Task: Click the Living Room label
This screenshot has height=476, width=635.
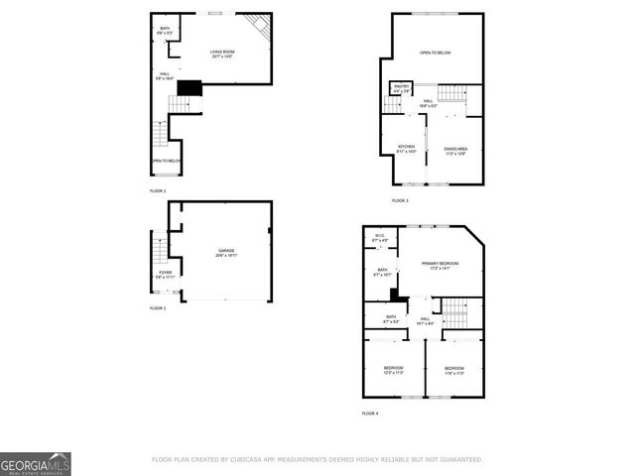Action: coord(220,54)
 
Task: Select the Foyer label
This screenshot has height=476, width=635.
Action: coord(165,275)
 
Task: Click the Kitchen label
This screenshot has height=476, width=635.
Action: coord(407,149)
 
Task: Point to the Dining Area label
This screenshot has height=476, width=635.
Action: coord(455,151)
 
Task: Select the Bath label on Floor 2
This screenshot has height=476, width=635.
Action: coord(165,31)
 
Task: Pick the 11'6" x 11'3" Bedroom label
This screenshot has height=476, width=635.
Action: coord(453,370)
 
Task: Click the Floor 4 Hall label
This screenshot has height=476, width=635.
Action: coord(424,320)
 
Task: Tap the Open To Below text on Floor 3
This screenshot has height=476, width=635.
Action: coord(436,53)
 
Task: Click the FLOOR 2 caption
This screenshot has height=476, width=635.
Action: coord(158,190)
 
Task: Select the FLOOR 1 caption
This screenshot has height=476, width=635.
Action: coord(158,308)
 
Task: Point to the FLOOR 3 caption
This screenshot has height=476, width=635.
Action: coord(400,200)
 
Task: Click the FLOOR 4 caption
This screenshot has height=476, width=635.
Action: coord(370,413)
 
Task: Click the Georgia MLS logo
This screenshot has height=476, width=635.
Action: coord(36,463)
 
